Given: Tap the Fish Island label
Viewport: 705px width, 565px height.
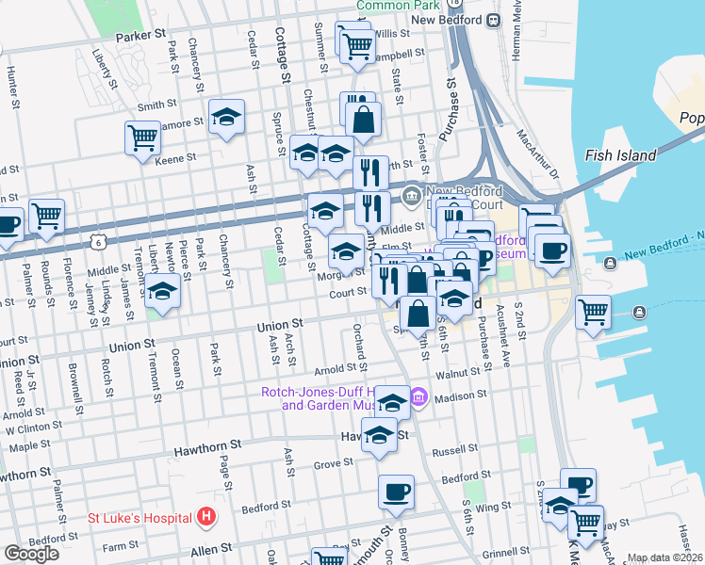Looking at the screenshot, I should tap(614, 156).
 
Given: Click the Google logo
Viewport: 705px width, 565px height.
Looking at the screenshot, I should tap(31, 553).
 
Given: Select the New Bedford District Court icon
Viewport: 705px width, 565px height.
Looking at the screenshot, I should tap(411, 197).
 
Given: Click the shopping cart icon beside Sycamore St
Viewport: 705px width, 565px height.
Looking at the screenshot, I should tap(142, 137).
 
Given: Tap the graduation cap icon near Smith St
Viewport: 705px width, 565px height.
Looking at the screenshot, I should tap(226, 117).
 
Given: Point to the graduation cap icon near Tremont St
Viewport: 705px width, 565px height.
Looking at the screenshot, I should tap(163, 291).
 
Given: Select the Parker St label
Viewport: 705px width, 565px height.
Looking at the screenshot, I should tap(139, 37).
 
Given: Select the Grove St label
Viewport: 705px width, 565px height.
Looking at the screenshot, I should tap(333, 464).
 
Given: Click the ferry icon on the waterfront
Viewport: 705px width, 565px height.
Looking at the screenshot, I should tap(640, 312).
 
